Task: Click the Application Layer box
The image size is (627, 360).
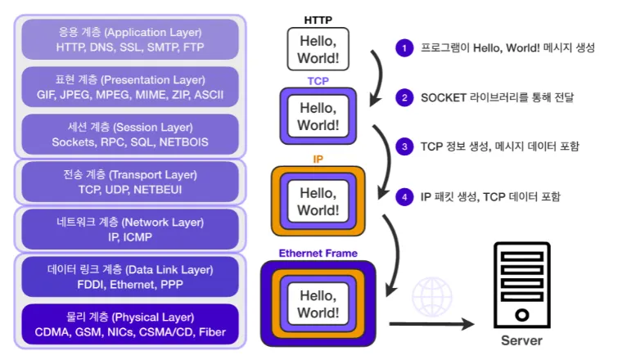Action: pos(129,38)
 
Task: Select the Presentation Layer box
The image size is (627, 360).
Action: pos(129,86)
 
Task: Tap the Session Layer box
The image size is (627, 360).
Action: pos(129,133)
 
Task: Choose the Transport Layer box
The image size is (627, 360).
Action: pos(129,181)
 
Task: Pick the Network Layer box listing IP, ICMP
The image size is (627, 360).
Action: pos(129,228)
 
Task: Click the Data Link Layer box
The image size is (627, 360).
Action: pos(129,276)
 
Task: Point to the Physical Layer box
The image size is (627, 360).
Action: pos(129,324)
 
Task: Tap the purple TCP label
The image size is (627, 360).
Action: pos(318,80)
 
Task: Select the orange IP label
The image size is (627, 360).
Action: pos(318,159)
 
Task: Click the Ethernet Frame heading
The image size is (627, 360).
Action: pos(318,253)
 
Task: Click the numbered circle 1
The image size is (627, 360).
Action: pos(404,47)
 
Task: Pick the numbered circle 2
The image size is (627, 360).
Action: pos(404,97)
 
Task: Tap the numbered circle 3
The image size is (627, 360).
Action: pos(404,146)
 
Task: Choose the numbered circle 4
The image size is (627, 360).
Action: pos(404,196)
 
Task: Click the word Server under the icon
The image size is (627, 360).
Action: pos(521,340)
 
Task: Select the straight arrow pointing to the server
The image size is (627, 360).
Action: pos(431,324)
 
